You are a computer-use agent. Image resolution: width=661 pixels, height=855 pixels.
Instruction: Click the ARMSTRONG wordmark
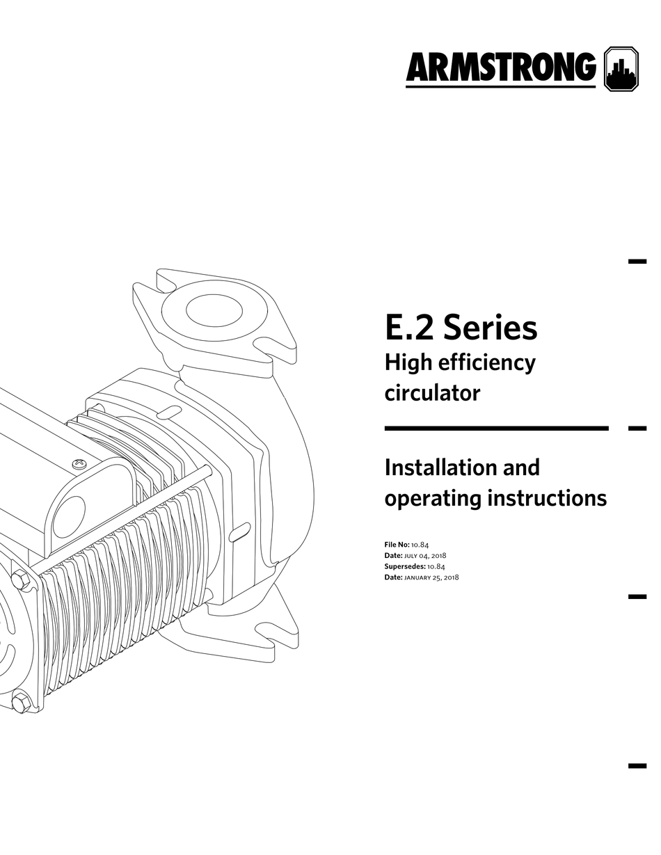tap(500, 69)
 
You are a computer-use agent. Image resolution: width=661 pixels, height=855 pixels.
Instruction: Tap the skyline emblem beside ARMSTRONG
tap(621, 69)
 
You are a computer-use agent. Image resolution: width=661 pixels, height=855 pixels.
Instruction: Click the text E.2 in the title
tap(410, 327)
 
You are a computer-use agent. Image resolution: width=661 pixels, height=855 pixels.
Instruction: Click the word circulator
tap(432, 393)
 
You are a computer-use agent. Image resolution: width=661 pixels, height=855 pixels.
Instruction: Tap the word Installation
tap(442, 467)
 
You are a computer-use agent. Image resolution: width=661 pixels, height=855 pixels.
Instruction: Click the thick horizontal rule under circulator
tap(496, 429)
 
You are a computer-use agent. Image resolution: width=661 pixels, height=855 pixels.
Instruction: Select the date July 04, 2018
tap(425, 556)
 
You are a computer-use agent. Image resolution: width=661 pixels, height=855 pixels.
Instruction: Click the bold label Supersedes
tap(404, 566)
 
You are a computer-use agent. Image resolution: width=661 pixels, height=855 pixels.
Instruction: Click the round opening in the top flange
tap(214, 310)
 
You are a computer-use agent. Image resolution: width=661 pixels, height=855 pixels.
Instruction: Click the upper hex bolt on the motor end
tap(20, 579)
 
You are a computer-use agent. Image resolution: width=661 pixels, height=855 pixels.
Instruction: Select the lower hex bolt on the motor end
tap(20, 701)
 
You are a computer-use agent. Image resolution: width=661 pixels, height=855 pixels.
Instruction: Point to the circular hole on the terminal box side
tap(69, 517)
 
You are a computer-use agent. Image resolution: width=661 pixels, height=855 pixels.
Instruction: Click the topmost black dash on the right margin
tap(637, 262)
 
